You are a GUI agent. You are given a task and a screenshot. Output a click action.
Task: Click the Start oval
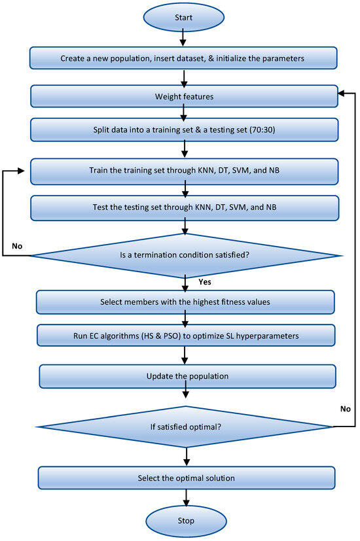[x=184, y=17]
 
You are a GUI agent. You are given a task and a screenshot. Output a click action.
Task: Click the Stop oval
[x=186, y=521]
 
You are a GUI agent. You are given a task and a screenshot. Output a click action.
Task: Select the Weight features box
[x=184, y=96]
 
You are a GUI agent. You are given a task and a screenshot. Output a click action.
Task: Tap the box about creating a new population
[x=183, y=58]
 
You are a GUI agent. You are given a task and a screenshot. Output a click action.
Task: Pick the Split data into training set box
[x=184, y=130]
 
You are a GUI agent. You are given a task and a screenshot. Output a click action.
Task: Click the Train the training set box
[x=185, y=171]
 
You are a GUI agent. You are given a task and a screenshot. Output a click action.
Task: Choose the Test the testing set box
[x=185, y=208]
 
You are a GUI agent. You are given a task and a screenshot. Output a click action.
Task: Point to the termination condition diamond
[x=187, y=255]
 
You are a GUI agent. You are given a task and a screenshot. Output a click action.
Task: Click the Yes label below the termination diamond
[x=205, y=282]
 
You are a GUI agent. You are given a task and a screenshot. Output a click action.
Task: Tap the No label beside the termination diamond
[x=17, y=246]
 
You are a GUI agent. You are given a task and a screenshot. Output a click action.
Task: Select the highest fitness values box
[x=185, y=302]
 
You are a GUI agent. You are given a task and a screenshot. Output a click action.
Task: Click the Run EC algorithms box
[x=186, y=336]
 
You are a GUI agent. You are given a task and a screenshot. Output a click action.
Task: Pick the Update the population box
[x=187, y=376]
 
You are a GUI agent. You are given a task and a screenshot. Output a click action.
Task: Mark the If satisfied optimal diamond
[x=185, y=427]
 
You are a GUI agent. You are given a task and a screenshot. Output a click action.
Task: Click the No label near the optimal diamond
[x=345, y=409]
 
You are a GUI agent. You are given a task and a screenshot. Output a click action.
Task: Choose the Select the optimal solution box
[x=187, y=478]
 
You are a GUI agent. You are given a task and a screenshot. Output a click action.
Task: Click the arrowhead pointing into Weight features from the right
[x=342, y=93]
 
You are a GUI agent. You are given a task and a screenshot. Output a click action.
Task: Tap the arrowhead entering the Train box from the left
[x=22, y=171]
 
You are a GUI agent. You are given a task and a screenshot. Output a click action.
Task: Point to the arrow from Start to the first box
[x=183, y=37]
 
